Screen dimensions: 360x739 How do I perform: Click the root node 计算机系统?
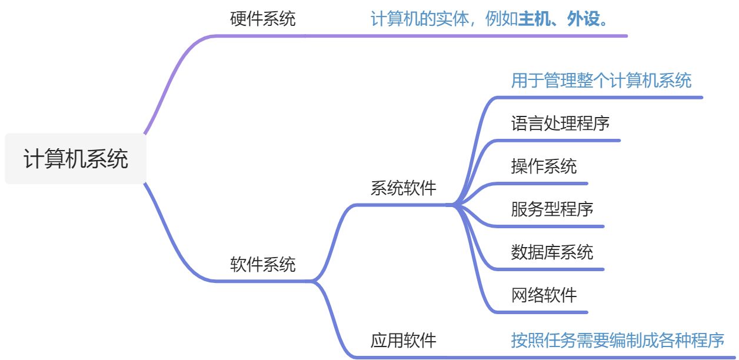(75, 159)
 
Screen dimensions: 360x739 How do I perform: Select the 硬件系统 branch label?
(262, 19)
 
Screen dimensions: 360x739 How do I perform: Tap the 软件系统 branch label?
(262, 264)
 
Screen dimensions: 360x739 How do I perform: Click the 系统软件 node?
(404, 188)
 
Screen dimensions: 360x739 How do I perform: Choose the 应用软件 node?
(404, 340)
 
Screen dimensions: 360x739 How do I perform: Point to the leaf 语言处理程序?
(560, 123)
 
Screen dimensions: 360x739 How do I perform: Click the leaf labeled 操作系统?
(544, 166)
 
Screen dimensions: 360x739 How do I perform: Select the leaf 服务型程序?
(552, 209)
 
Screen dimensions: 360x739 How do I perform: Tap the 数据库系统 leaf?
(552, 252)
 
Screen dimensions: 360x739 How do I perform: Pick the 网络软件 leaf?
(544, 295)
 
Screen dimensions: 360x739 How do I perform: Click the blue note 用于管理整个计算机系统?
(601, 80)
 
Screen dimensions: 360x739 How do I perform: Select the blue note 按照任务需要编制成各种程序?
(617, 340)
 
